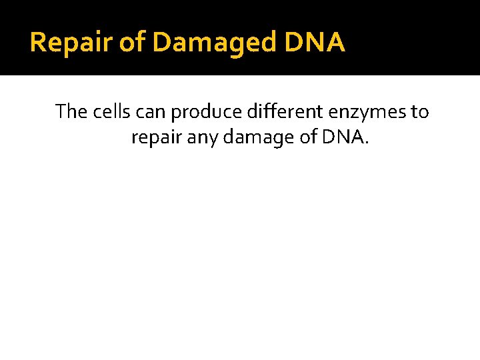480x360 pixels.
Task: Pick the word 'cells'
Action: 110,111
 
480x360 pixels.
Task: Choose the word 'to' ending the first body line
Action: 419,111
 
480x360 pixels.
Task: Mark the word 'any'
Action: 201,138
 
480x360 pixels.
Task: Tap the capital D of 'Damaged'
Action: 163,43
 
